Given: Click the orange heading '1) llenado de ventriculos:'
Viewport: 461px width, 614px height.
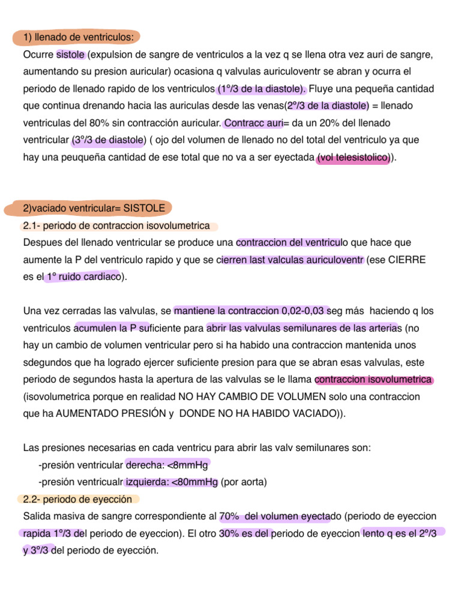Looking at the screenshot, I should [78, 38].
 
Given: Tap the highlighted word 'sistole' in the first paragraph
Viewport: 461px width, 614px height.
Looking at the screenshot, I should [71, 55].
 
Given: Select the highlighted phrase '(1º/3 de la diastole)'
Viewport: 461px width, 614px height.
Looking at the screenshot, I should [261, 89].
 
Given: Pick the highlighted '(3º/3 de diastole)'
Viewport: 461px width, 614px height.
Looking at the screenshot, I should [108, 140].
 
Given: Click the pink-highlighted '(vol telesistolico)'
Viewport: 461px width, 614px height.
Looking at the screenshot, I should [354, 157].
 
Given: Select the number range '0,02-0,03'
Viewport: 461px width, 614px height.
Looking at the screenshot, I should [306, 311].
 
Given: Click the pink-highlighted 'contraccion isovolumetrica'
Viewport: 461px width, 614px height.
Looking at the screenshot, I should [373, 380].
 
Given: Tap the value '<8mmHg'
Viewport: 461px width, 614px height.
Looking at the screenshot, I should [191, 465].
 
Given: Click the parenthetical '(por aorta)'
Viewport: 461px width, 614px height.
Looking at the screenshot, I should [244, 482].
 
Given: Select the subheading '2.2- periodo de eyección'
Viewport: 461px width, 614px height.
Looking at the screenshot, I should [77, 499].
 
